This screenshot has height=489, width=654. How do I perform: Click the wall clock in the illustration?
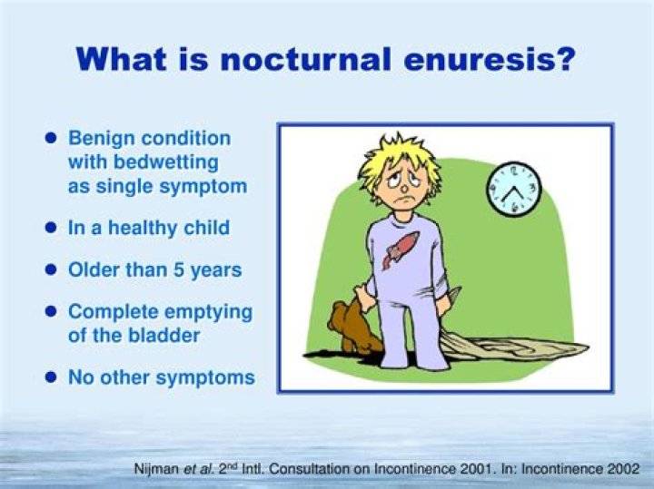tap(514, 189)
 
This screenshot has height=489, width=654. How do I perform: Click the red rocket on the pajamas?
tap(400, 249)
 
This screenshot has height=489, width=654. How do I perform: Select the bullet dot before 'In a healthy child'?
tap(52, 228)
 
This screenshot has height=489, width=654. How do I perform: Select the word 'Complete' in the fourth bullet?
tap(108, 312)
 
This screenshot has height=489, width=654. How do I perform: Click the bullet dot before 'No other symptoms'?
tap(52, 377)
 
